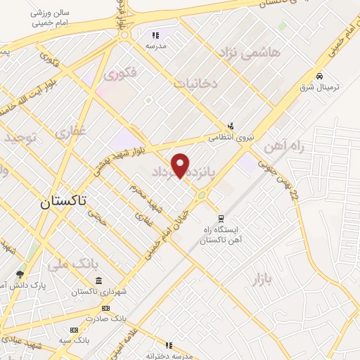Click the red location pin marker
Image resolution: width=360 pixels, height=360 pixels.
pos(181,165)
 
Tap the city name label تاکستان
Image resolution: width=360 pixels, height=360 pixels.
pos(62,202)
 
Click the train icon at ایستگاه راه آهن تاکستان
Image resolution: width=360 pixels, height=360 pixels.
pos(221,218)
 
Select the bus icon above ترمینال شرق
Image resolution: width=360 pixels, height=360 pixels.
pos(320,75)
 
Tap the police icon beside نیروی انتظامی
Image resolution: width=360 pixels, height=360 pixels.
pos(230,127)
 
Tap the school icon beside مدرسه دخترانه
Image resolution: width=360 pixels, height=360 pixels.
pos(169,345)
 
